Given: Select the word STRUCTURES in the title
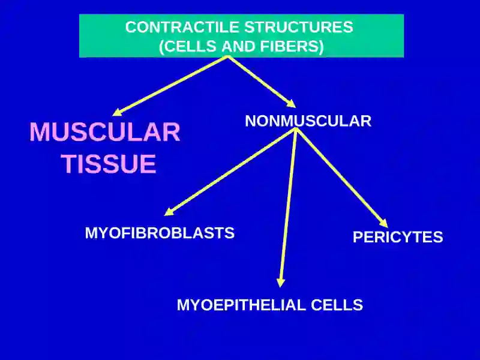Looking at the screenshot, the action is (299, 27).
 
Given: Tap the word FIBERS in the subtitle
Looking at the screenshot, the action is (292, 46).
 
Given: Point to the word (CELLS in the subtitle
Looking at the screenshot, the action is (189, 46).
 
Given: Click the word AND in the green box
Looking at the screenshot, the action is (239, 46).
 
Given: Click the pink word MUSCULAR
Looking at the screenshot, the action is (104, 132).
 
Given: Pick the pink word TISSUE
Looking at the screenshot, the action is (109, 163).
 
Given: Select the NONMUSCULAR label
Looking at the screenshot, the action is (308, 121).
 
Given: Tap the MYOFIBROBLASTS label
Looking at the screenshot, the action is (160, 233).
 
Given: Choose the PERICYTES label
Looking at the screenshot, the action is (398, 237).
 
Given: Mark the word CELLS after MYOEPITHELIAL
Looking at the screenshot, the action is (337, 305).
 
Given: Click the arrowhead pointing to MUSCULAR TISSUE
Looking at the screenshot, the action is (118, 112).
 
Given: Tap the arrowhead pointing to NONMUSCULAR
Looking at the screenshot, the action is (291, 103).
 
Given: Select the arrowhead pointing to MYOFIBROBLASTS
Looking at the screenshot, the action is (169, 212).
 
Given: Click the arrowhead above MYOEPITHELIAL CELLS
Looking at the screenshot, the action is (280, 283).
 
